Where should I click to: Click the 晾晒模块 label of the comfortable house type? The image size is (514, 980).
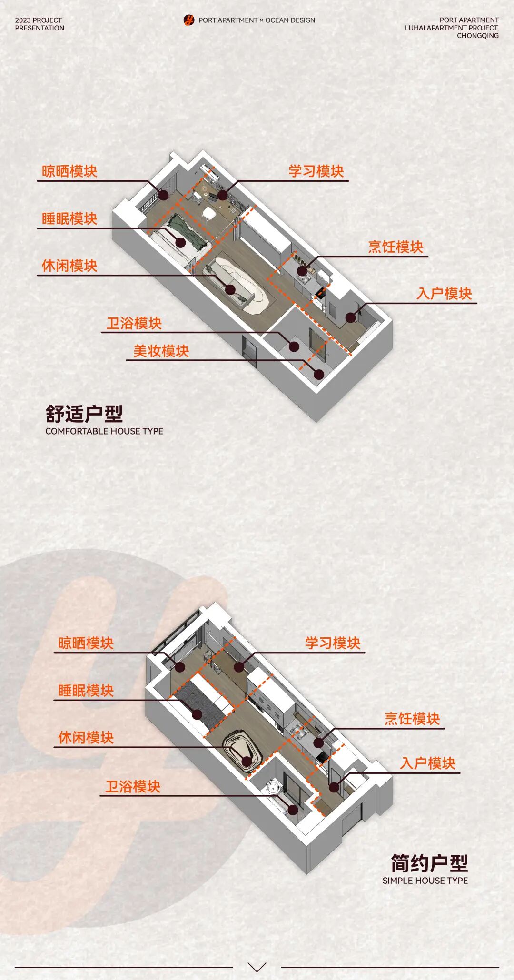(x=69, y=171)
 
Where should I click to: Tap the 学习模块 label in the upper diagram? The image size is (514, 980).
(x=316, y=171)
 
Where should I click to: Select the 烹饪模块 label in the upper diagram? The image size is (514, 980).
(x=395, y=247)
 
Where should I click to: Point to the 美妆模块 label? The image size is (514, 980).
(x=161, y=351)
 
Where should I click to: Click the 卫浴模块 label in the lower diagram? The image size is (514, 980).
(x=133, y=787)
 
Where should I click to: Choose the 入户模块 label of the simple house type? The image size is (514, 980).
(x=428, y=763)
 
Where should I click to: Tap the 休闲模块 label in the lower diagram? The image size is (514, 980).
(x=86, y=738)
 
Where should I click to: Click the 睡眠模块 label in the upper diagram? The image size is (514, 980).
(x=69, y=219)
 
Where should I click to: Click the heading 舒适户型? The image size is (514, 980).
(x=84, y=414)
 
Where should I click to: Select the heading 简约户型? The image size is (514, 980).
(x=429, y=863)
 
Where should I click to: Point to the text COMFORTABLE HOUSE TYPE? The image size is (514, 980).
(x=104, y=431)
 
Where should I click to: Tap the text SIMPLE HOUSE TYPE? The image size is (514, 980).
(x=425, y=881)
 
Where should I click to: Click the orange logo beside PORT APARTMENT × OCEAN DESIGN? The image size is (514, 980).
(x=189, y=20)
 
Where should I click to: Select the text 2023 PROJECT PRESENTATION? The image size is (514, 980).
(x=40, y=24)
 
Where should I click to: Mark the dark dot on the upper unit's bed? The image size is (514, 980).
(x=180, y=242)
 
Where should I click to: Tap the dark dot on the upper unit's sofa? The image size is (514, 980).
(x=230, y=289)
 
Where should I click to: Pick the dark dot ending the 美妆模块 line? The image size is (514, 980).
(x=319, y=374)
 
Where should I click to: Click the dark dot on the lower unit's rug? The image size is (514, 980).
(x=247, y=761)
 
